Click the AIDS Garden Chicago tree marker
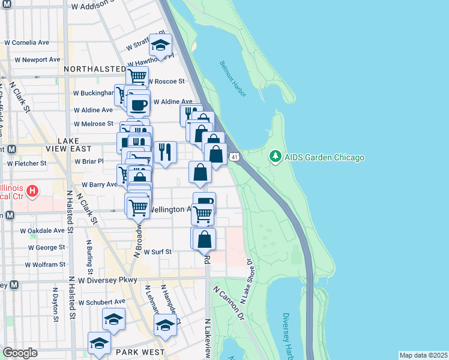pos(276,157)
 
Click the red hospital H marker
pos(33,193)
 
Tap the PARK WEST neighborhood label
pos(139,352)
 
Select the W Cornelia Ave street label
pos(26,43)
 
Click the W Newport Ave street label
pos(34,60)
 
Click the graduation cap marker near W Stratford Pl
pos(160,45)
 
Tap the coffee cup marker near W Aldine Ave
pos(138,104)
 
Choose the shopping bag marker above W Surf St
pos(205,239)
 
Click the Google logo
pos(20,353)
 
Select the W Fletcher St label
pos(26,163)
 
